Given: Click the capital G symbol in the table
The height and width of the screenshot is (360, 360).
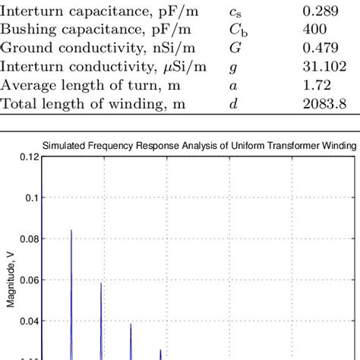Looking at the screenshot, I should (x=233, y=50).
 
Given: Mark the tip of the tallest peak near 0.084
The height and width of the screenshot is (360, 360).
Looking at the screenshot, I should (x=71, y=230).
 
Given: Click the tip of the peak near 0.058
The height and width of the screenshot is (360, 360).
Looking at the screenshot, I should (x=100, y=283).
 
